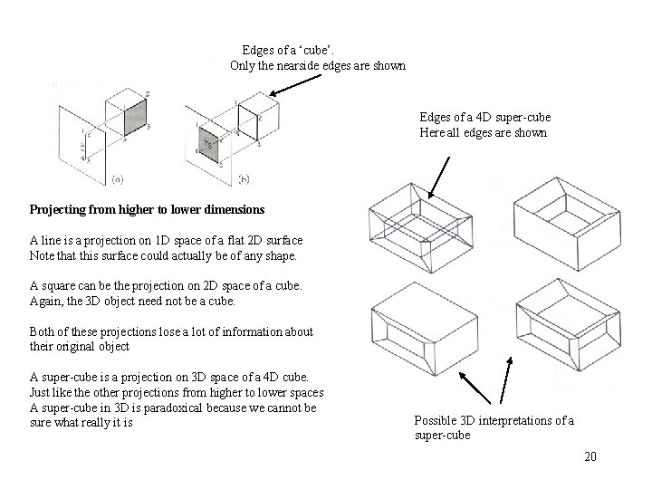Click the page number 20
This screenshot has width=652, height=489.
coord(590,456)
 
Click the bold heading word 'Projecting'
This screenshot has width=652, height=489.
coord(60,209)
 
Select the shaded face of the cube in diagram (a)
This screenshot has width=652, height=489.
coord(135,117)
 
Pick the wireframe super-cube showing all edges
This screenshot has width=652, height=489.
coord(420,223)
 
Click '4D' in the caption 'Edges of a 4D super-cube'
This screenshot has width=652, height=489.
coord(485,118)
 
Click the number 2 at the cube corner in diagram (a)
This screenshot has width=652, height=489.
coord(148,95)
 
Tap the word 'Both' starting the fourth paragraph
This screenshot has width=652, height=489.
coord(43,331)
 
